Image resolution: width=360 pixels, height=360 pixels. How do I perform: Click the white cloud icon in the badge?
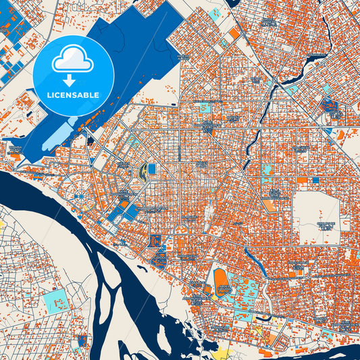(x=72, y=59)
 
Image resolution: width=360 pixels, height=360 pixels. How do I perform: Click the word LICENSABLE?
(x=72, y=95)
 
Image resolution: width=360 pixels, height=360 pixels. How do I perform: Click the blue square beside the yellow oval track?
(x=151, y=168)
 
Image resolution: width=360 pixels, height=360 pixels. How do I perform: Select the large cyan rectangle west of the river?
(x=56, y=301)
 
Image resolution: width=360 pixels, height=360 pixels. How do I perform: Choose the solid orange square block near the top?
(x=234, y=33)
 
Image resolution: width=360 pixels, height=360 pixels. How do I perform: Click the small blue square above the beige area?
(x=315, y=180)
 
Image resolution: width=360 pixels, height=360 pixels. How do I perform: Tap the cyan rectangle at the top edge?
(x=215, y=12)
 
